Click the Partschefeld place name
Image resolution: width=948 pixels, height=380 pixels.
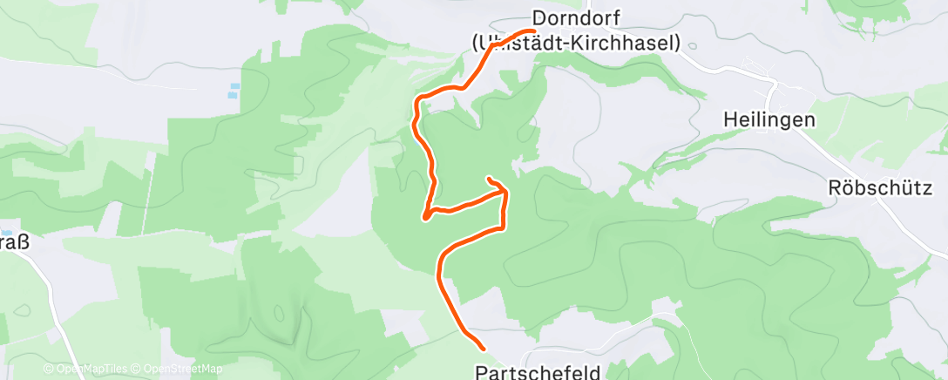[x=538, y=372]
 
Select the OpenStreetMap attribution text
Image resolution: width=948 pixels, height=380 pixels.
[x=182, y=370]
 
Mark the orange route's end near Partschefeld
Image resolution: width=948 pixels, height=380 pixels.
[x=482, y=349]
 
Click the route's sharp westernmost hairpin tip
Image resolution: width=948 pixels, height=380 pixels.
[x=425, y=218]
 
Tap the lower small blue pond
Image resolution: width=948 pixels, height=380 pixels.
[x=231, y=95]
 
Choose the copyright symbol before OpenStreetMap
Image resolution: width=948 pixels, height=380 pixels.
[x=138, y=370]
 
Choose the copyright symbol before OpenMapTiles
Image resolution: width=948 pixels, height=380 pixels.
[x=48, y=370]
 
